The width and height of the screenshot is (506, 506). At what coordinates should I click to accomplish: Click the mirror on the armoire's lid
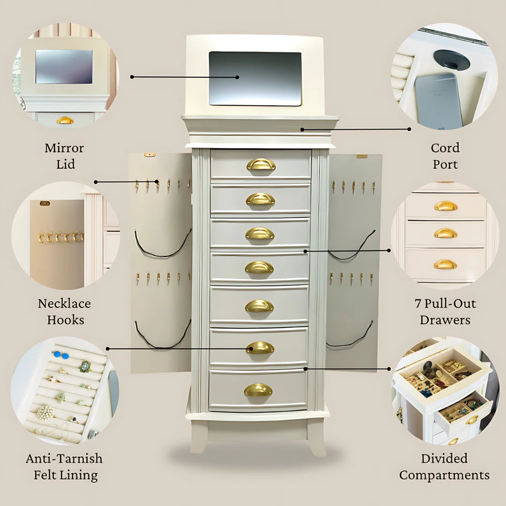click(x=255, y=78)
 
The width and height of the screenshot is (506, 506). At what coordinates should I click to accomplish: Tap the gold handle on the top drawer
click(x=261, y=164)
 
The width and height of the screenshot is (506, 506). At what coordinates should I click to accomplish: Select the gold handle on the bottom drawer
click(x=258, y=390)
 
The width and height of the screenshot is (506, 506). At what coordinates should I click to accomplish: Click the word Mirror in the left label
click(x=64, y=148)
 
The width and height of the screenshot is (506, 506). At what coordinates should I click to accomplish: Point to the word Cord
click(x=445, y=148)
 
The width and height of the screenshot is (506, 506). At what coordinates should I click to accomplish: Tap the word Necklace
click(x=64, y=304)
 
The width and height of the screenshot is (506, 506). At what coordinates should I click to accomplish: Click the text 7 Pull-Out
click(x=445, y=304)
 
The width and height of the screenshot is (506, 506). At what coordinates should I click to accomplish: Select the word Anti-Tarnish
click(x=64, y=458)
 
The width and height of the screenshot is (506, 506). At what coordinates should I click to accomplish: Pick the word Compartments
click(x=444, y=475)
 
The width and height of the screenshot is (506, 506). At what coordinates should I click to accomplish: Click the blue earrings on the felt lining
click(x=61, y=355)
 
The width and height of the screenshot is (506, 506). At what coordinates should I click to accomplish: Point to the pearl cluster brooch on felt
click(x=45, y=412)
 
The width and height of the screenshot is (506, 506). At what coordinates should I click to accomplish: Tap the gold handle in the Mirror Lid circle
click(x=65, y=120)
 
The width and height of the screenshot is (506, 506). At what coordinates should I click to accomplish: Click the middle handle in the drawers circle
click(x=445, y=233)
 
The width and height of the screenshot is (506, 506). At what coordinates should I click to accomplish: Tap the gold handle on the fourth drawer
click(x=259, y=268)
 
